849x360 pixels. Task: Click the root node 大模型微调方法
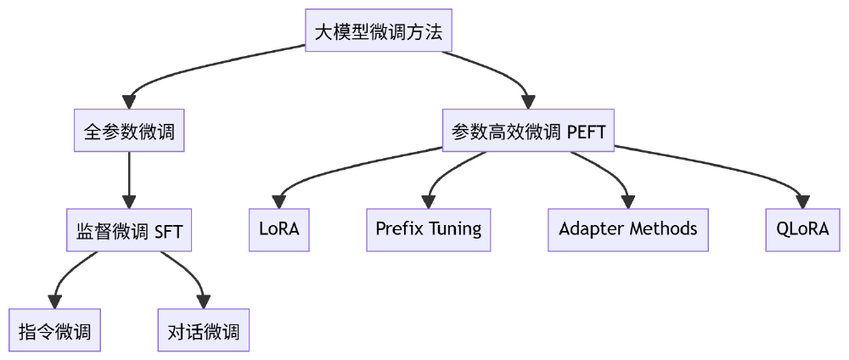(x=379, y=31)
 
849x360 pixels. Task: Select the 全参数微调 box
(x=129, y=131)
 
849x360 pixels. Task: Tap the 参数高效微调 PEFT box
(x=528, y=131)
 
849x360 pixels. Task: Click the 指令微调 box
(x=55, y=330)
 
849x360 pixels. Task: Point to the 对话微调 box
(x=204, y=330)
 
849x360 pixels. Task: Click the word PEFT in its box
(x=586, y=132)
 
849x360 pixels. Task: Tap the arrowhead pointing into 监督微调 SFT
(x=129, y=202)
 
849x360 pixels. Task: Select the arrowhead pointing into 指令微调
(x=55, y=302)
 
